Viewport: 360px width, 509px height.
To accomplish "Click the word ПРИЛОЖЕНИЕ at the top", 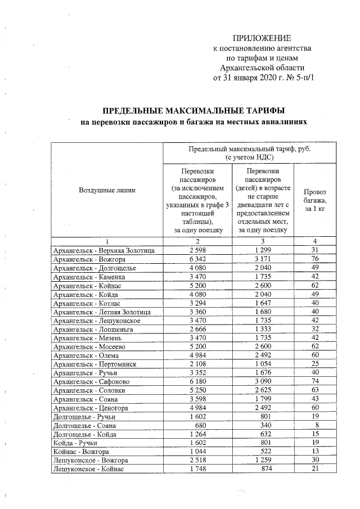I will [262, 39].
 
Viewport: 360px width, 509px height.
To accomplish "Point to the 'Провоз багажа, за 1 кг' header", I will [314, 200].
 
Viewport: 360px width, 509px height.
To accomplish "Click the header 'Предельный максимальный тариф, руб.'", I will [250, 150].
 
